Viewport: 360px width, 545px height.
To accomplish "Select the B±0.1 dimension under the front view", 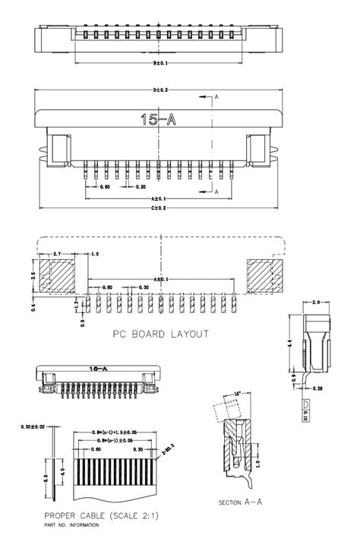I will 160,63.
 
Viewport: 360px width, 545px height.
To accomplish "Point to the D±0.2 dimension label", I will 160,90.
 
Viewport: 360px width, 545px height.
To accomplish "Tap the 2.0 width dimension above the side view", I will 316,303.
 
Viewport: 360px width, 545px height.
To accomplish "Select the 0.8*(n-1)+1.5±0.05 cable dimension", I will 116,431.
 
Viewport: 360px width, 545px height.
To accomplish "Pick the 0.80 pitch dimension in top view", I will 104,186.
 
